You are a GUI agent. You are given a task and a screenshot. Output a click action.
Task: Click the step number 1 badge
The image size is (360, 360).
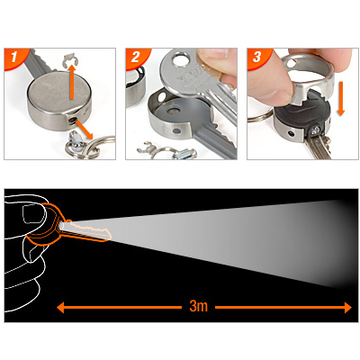[x=15, y=57]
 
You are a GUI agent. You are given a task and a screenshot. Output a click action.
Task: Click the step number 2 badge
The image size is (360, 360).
[x=137, y=57]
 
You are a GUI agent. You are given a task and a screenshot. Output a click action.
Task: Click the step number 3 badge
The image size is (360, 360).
[x=258, y=57]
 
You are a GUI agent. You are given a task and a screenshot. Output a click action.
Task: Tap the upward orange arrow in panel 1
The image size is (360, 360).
[x=71, y=78]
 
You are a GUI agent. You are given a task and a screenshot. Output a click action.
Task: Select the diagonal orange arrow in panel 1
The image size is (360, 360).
[x=85, y=129]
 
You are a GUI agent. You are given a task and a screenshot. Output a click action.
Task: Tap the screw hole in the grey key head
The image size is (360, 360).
[x=172, y=112]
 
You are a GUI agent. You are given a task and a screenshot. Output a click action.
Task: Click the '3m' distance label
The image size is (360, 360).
[x=199, y=306]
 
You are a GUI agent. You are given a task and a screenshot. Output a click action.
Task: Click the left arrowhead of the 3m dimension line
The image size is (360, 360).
[x=60, y=308]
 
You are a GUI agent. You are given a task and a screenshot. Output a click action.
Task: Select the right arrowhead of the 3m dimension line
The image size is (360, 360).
[x=348, y=308]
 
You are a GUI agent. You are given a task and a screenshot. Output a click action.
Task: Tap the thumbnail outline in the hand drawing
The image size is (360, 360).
[x=33, y=214]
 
